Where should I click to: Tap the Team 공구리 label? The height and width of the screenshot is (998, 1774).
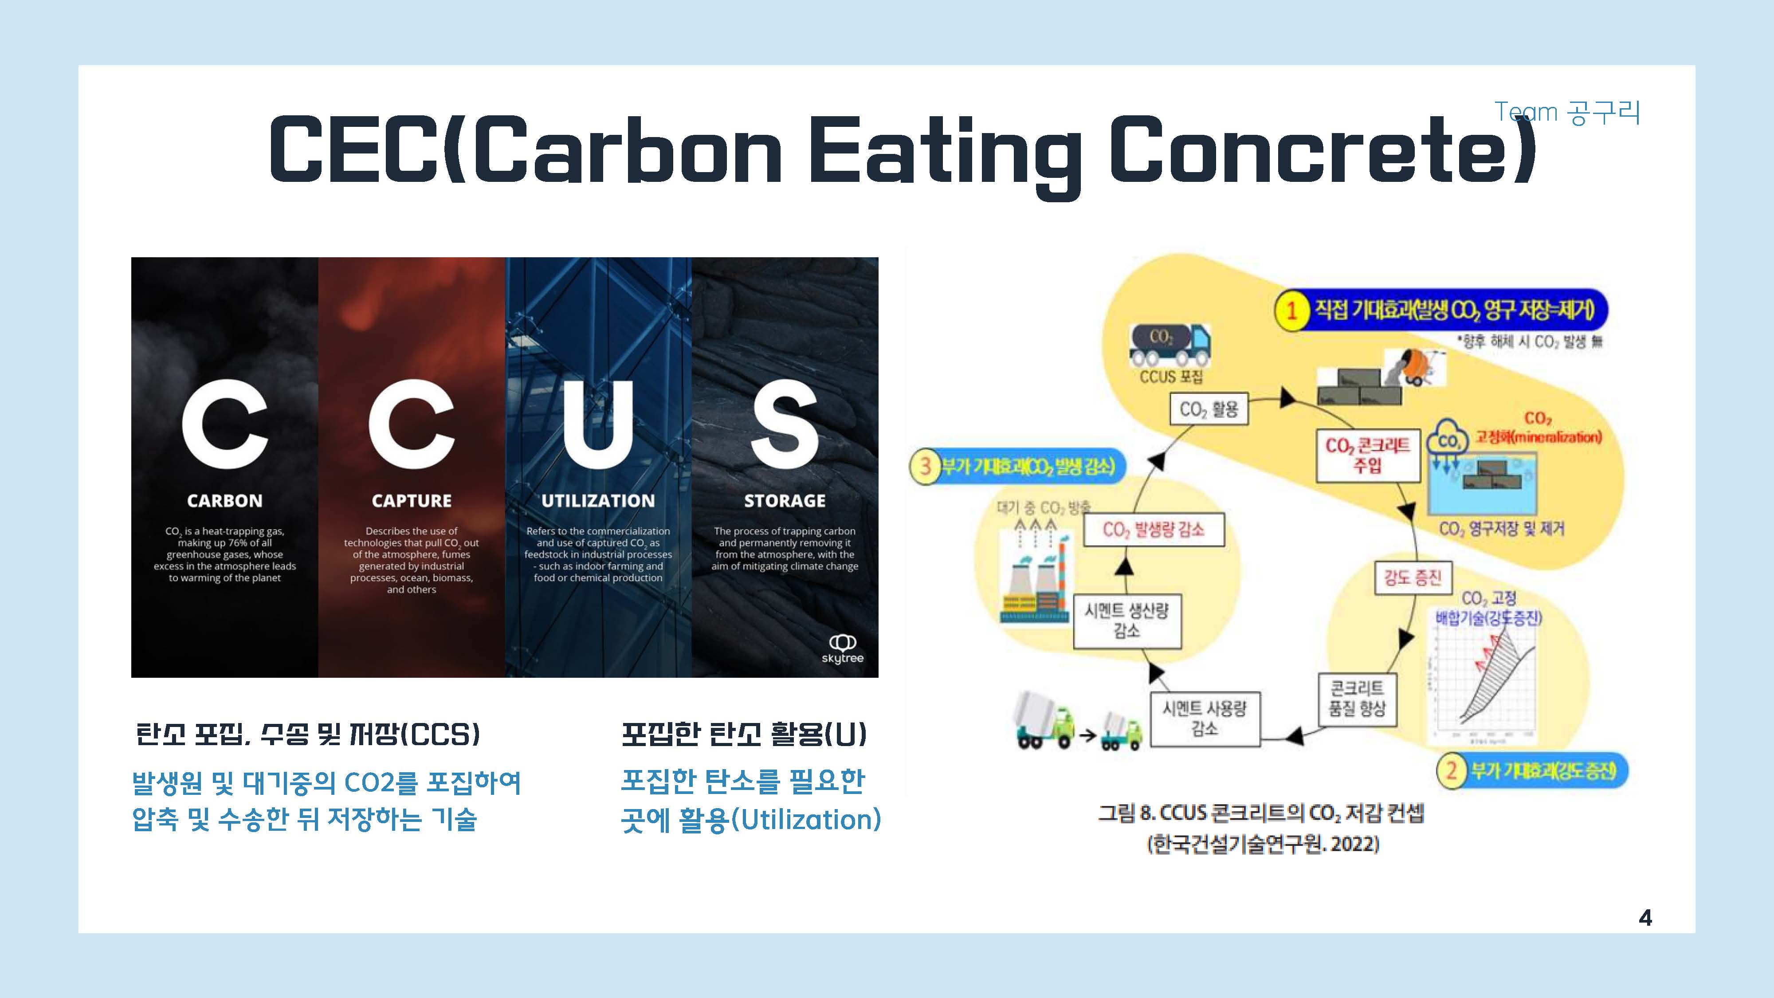1567,112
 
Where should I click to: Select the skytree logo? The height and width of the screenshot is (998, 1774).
842,649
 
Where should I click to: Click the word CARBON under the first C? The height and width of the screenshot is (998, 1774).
224,501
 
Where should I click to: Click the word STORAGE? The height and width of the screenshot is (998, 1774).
785,501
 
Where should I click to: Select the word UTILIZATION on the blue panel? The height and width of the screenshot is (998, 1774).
598,501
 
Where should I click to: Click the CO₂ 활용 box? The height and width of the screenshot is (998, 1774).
1209,410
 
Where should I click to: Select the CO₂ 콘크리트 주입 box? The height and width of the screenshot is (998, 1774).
1368,455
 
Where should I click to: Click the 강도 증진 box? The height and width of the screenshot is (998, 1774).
1413,577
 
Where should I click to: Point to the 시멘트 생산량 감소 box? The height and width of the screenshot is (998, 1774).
1126,621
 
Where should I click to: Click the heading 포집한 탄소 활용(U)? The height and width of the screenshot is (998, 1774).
744,734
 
